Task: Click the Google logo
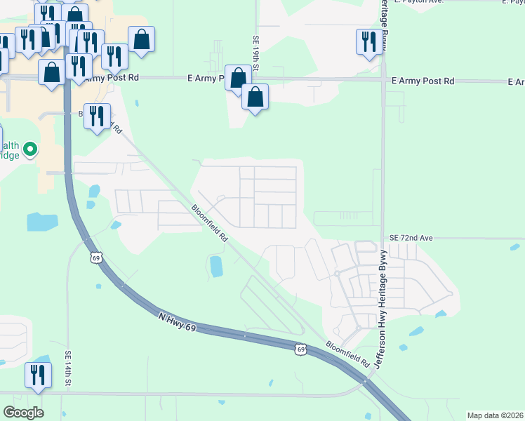pos(23,413)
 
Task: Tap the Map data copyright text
pos(494,415)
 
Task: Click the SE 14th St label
pos(69,368)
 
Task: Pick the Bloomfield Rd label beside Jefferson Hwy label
pos(347,356)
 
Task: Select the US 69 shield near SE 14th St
pos(95,258)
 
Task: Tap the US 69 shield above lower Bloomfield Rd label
pos(301,349)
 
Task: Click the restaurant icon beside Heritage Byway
pos(368,41)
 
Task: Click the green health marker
pos(30,149)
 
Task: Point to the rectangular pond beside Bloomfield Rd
pos(216,266)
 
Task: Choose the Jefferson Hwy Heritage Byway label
pos(381,309)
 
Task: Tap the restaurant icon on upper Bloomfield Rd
pos(97,116)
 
